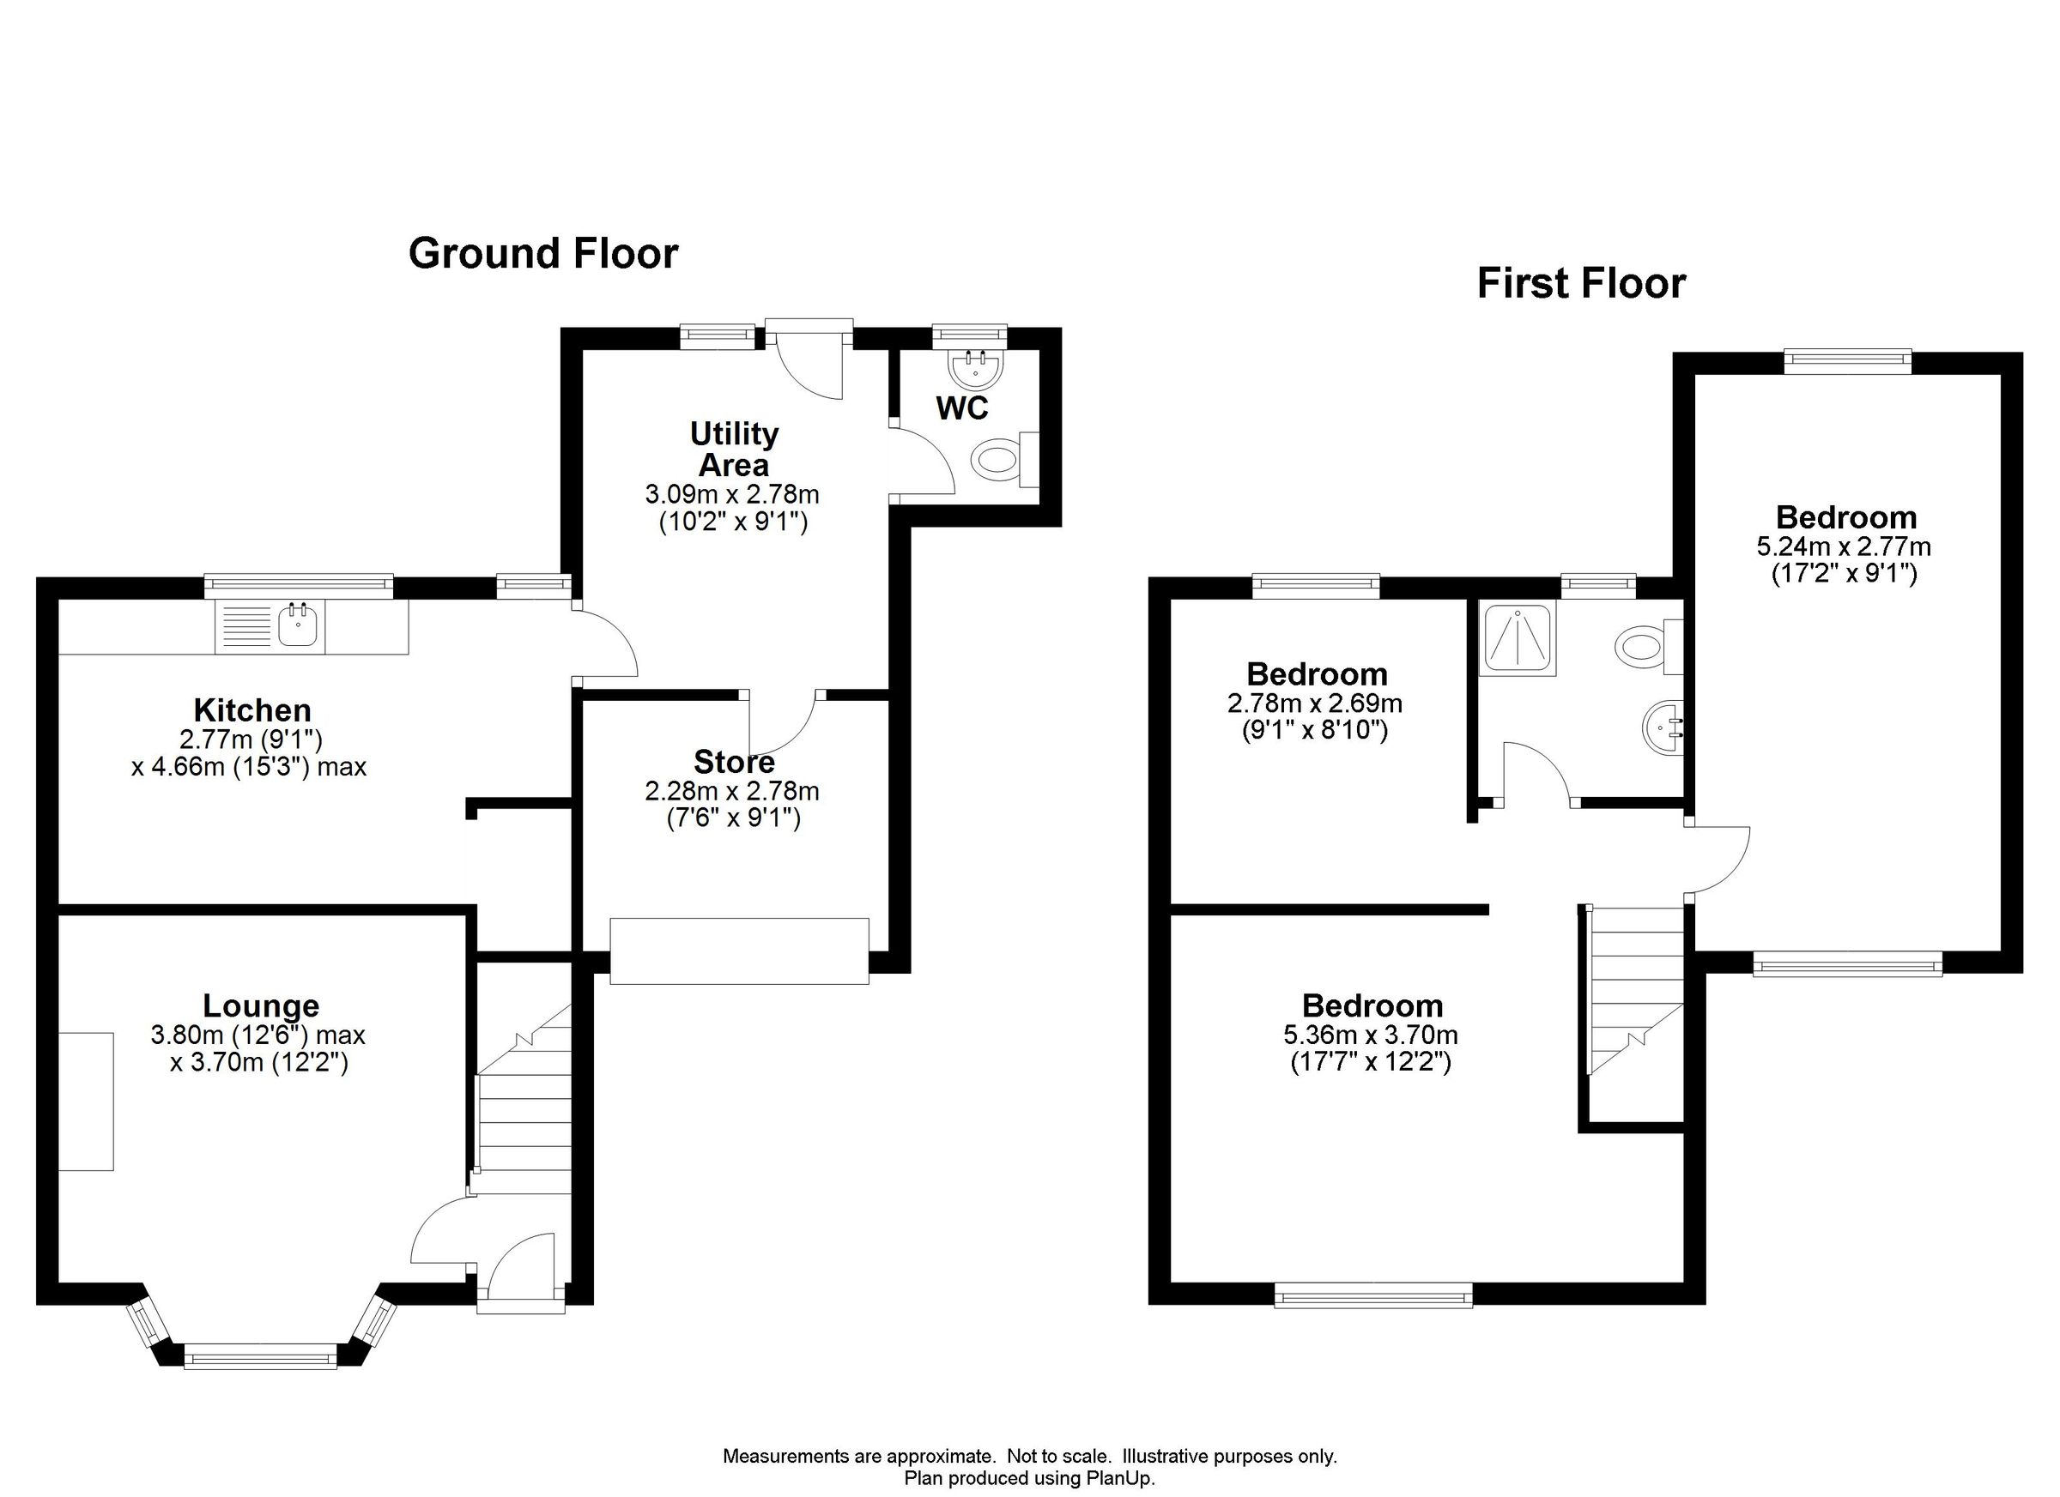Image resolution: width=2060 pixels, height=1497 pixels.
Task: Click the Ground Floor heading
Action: [x=543, y=253]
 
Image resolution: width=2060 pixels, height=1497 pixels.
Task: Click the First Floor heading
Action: [x=1580, y=283]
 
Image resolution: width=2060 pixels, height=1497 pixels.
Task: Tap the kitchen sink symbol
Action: [x=297, y=625]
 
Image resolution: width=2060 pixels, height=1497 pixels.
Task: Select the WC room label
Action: [x=962, y=408]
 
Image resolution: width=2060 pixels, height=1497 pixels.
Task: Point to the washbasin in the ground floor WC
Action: [x=977, y=369]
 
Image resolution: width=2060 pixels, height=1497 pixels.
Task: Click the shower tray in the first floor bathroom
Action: [x=1517, y=637]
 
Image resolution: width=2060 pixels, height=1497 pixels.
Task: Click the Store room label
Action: [x=734, y=761]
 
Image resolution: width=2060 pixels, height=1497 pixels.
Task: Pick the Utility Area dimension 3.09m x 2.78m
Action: [x=732, y=495]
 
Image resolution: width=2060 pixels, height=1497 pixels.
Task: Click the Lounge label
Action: [x=261, y=1006]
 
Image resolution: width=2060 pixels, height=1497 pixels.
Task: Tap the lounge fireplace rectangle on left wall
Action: [x=87, y=1102]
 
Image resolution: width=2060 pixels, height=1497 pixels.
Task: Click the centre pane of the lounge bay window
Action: [x=261, y=1359]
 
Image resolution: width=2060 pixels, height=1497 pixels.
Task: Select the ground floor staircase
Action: [x=524, y=1117]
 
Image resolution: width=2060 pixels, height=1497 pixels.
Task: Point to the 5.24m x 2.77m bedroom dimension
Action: [x=1844, y=546]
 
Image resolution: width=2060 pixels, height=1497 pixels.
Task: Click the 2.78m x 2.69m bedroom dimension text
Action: [x=1314, y=703]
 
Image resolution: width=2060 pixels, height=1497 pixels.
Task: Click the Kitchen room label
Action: [x=252, y=710]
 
